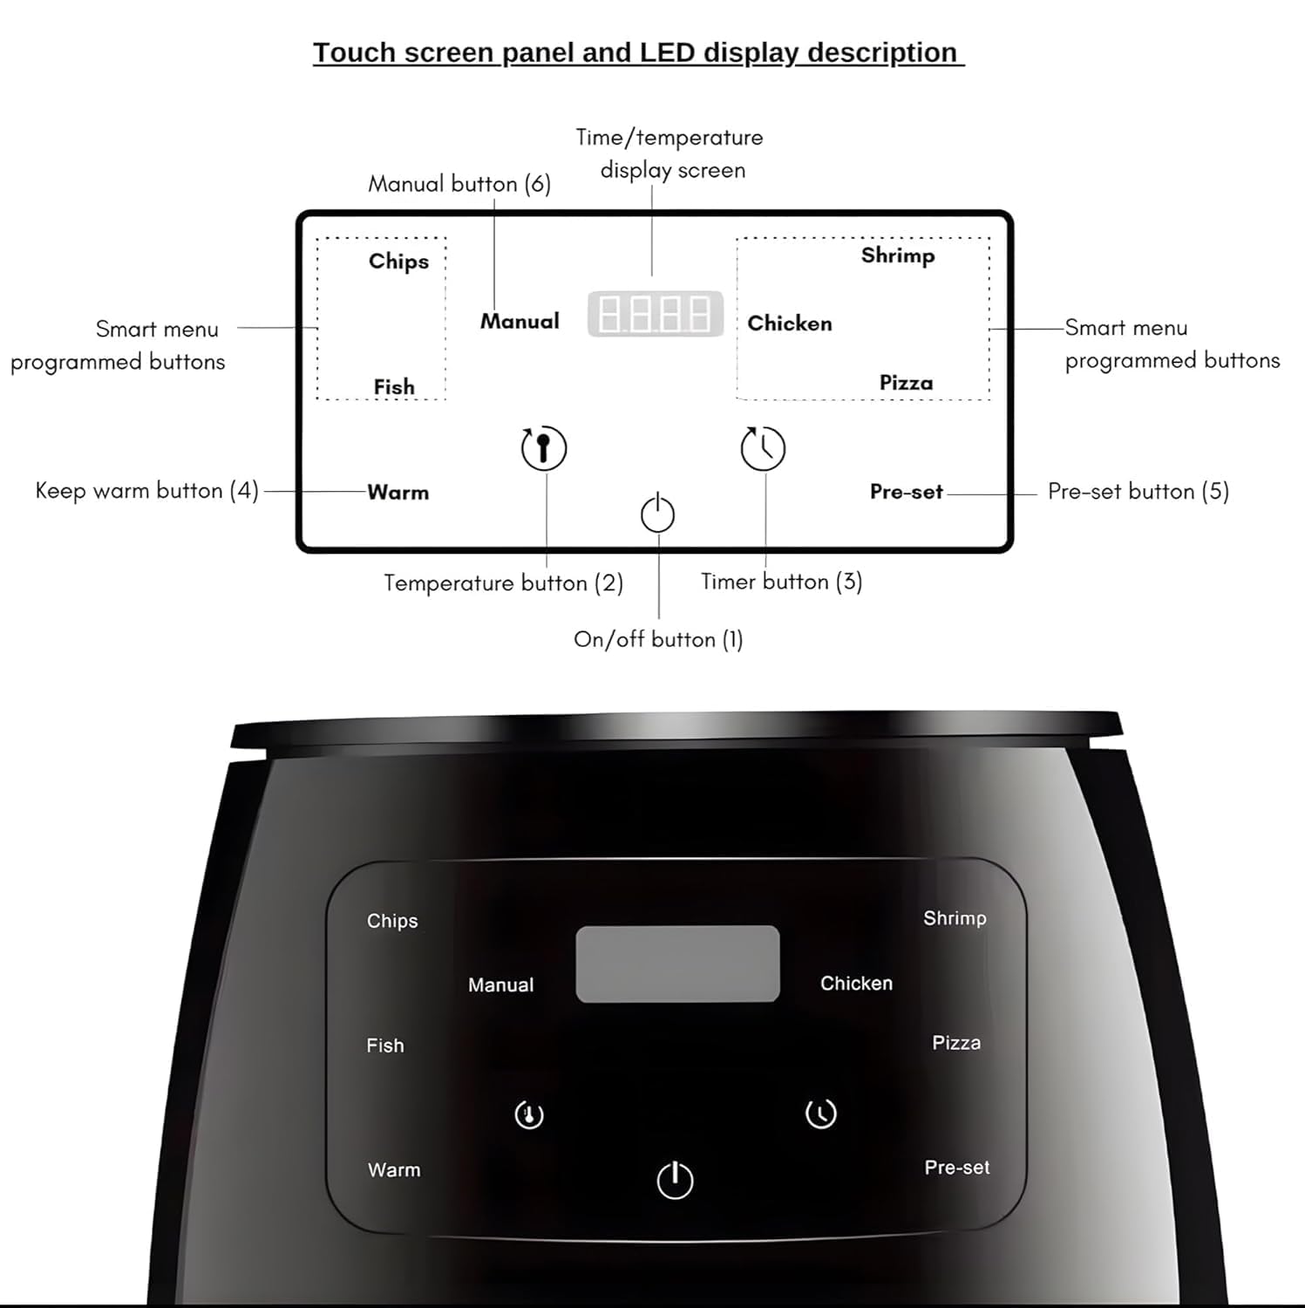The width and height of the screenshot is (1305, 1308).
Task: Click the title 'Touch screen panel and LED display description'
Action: pyautogui.click(x=638, y=52)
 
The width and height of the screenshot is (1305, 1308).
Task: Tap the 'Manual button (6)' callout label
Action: pyautogui.click(x=459, y=184)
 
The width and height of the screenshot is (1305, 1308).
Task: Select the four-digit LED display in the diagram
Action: pyautogui.click(x=656, y=314)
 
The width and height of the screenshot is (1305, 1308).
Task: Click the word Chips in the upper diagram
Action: pyautogui.click(x=398, y=262)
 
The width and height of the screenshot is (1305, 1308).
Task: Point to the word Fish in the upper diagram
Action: pyautogui.click(x=394, y=386)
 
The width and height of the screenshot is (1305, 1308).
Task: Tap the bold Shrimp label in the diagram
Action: pyautogui.click(x=898, y=255)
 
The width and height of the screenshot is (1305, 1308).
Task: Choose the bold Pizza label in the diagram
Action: pyautogui.click(x=906, y=383)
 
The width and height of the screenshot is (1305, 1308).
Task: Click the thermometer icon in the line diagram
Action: pyautogui.click(x=544, y=448)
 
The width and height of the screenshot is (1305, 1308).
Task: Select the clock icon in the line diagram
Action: pyautogui.click(x=763, y=448)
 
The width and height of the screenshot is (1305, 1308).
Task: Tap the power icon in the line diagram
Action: pyautogui.click(x=657, y=514)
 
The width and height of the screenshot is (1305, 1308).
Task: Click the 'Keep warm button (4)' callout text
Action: pyautogui.click(x=146, y=491)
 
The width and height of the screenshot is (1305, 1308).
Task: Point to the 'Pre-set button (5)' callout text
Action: pyautogui.click(x=1138, y=492)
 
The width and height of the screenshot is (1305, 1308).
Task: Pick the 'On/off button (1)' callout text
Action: pyautogui.click(x=658, y=639)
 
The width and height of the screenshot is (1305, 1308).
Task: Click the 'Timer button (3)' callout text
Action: pyautogui.click(x=781, y=582)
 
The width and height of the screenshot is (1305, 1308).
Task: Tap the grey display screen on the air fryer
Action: pyautogui.click(x=677, y=964)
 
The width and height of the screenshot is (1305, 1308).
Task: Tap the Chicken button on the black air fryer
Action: pyautogui.click(x=856, y=984)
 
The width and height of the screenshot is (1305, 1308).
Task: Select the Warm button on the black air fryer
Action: pyautogui.click(x=394, y=1170)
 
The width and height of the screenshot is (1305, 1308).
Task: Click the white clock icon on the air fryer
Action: pyautogui.click(x=820, y=1114)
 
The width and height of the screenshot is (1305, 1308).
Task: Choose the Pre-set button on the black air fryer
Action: pyautogui.click(x=956, y=1168)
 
